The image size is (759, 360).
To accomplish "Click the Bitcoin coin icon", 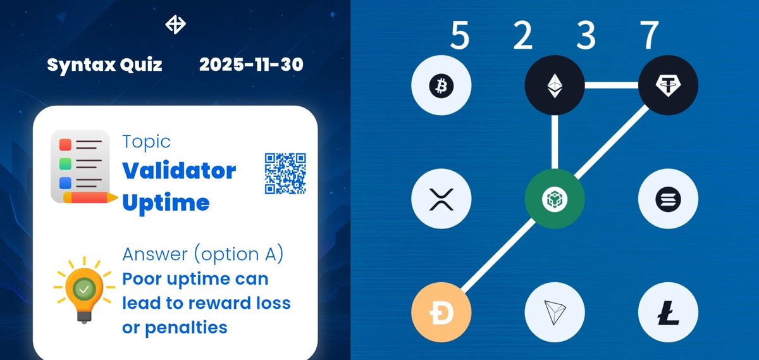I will pos(441,85).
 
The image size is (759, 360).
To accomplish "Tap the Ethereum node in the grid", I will pos(555,85).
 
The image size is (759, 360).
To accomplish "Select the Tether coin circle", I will pos(668,85).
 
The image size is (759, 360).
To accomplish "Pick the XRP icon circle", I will pos(441,199).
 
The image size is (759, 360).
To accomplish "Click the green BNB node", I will pos(555,199).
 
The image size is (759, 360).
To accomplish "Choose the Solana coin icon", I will pos(668,199).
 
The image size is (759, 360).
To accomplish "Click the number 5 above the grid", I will pos(460,36).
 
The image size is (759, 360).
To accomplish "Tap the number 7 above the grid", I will pos(649,36).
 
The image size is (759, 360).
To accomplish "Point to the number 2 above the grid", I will pos(523,36).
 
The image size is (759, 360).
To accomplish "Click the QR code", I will pos(285,173).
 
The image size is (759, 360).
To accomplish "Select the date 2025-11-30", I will pos(251,65).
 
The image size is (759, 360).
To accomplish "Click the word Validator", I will pos(179,171).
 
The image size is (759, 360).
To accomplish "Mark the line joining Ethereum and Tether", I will pos(611,85).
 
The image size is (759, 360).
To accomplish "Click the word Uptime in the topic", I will pos(166,202).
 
